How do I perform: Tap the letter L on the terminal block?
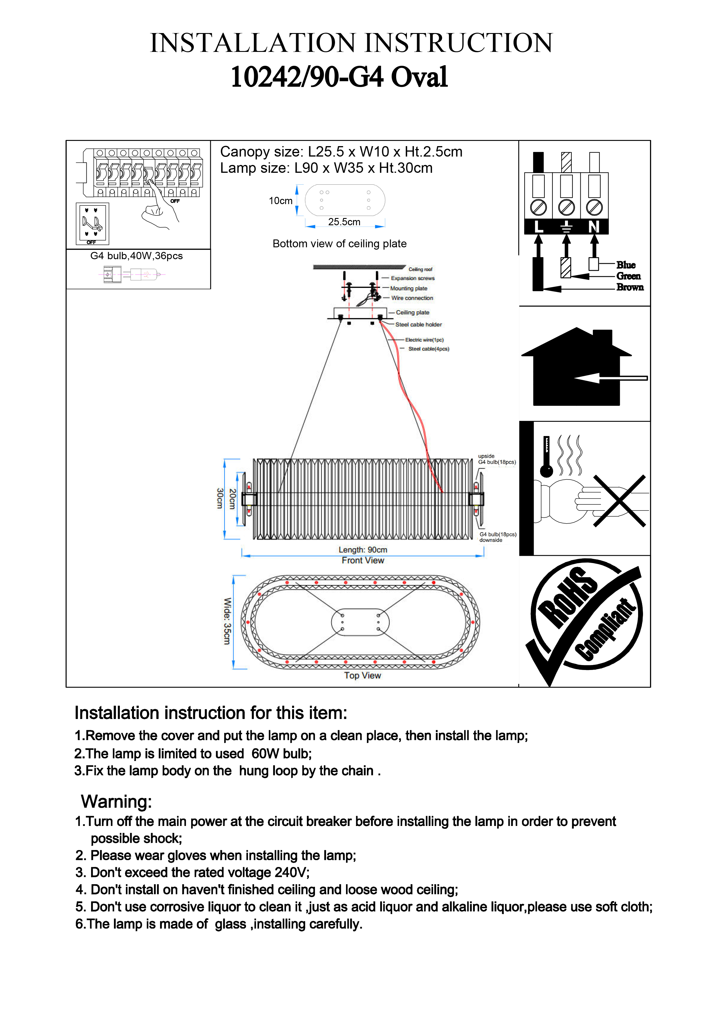pyautogui.click(x=538, y=227)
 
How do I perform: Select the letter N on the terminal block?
pyautogui.click(x=594, y=227)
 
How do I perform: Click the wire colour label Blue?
pyautogui.click(x=626, y=265)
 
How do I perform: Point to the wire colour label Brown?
pyautogui.click(x=629, y=287)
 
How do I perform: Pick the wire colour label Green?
pyautogui.click(x=628, y=276)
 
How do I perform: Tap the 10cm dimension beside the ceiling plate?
pyautogui.click(x=280, y=201)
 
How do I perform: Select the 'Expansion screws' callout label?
pyautogui.click(x=412, y=278)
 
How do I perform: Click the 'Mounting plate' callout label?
pyautogui.click(x=408, y=288)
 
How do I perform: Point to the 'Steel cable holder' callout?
pyautogui.click(x=418, y=325)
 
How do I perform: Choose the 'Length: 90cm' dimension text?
pyautogui.click(x=363, y=550)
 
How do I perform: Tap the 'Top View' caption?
pyautogui.click(x=362, y=675)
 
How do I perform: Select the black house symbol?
pyautogui.click(x=576, y=368)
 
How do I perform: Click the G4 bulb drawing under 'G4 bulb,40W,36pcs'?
pyautogui.click(x=132, y=275)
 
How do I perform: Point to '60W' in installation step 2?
pyautogui.click(x=265, y=754)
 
